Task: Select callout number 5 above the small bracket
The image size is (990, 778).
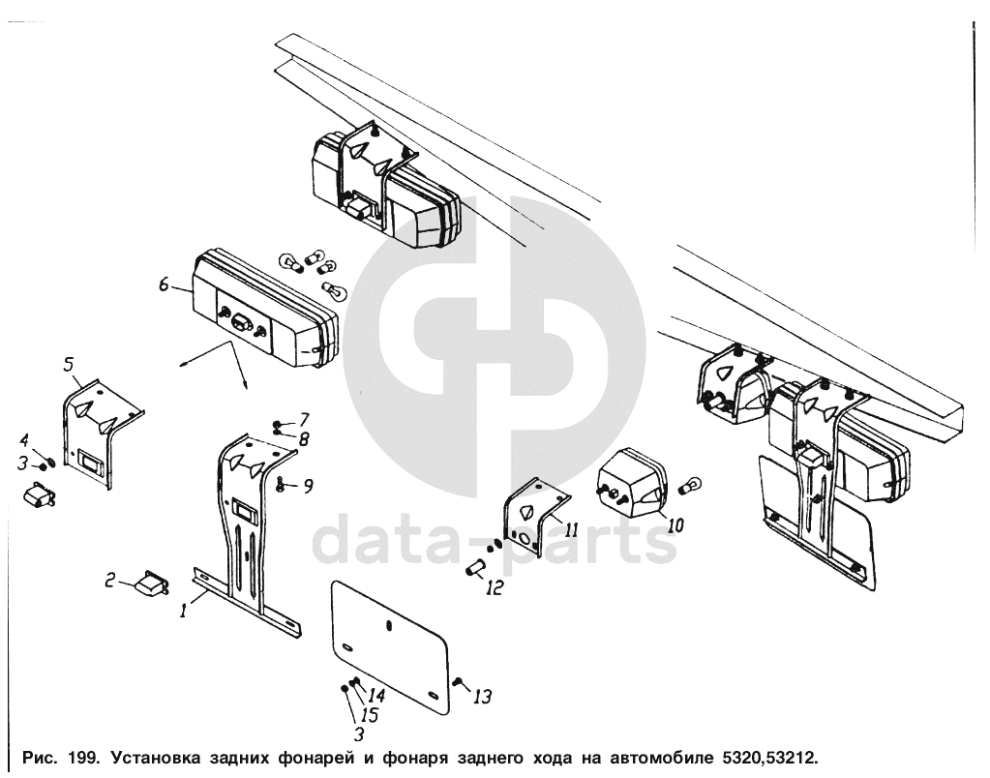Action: pyautogui.click(x=69, y=365)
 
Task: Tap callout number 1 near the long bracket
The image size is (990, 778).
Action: pyautogui.click(x=183, y=611)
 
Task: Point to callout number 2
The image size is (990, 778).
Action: pyautogui.click(x=110, y=580)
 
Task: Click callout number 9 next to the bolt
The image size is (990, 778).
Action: pyautogui.click(x=308, y=486)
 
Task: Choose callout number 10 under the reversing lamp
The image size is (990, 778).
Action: pyautogui.click(x=675, y=524)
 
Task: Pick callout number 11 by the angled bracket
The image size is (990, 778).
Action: pyautogui.click(x=571, y=528)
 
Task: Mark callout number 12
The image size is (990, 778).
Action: pyautogui.click(x=495, y=588)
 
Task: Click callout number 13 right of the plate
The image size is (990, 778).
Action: pyautogui.click(x=482, y=697)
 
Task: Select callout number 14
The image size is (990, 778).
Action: pyautogui.click(x=376, y=696)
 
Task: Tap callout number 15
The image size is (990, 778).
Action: pyautogui.click(x=370, y=715)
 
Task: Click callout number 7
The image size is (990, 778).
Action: pyautogui.click(x=304, y=419)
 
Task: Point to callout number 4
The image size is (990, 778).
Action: pyautogui.click(x=24, y=439)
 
